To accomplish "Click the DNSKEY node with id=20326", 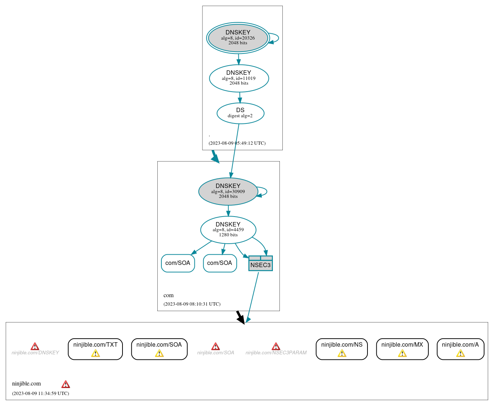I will pyautogui.click(x=238, y=38).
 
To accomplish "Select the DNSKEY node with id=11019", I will pyautogui.click(x=239, y=78).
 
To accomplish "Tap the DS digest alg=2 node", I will pyautogui.click(x=240, y=113).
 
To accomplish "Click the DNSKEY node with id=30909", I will pyautogui.click(x=228, y=191).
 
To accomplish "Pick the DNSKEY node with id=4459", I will pyautogui.click(x=228, y=230).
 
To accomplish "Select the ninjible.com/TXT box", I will pyautogui.click(x=95, y=349).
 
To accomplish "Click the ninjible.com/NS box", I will pyautogui.click(x=341, y=349).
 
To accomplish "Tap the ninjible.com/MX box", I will pyautogui.click(x=402, y=349).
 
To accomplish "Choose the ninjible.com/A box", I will pyautogui.click(x=460, y=349).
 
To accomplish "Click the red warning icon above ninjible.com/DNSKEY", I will pyautogui.click(x=35, y=346).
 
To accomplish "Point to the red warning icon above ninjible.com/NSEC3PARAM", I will pyautogui.click(x=276, y=346).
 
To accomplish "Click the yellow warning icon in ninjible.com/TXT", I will pyautogui.click(x=95, y=353).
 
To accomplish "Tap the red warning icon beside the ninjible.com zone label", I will pyautogui.click(x=66, y=384).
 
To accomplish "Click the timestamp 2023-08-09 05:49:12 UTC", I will pyautogui.click(x=237, y=143).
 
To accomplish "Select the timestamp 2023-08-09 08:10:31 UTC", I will pyautogui.click(x=192, y=304).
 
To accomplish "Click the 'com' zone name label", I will pyautogui.click(x=169, y=295).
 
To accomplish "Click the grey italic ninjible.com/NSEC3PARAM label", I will pyautogui.click(x=276, y=353).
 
